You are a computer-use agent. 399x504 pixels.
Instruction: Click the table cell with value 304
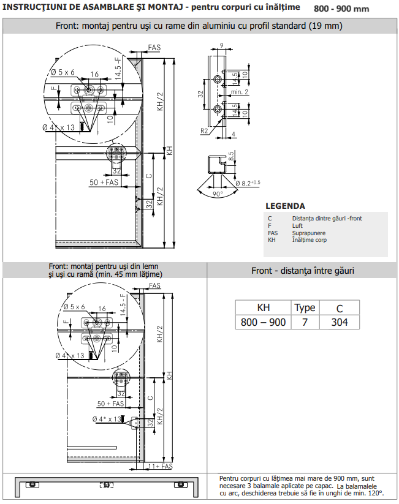pos(340,322)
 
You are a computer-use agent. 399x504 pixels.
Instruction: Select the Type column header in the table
pos(305,308)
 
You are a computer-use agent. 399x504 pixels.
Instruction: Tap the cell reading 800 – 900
pos(263,322)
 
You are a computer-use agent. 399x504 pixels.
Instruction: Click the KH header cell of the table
pos(263,308)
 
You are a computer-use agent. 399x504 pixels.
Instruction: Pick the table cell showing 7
pos(305,322)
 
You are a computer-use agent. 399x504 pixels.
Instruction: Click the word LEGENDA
pos(285,206)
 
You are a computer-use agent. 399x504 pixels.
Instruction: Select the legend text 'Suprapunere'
pos(308,233)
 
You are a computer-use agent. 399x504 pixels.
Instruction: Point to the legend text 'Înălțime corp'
pos(310,240)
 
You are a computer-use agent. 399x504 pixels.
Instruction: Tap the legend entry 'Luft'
pos(297,225)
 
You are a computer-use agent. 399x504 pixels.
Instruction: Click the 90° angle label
pos(218,194)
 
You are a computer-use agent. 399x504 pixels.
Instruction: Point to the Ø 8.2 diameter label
pos(248,183)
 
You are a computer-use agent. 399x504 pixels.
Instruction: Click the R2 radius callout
pos(204,131)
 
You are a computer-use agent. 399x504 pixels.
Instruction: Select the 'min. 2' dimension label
pos(240,92)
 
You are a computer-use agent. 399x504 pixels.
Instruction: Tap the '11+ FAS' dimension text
pos(161,466)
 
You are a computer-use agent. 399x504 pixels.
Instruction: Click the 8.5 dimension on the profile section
pos(231,157)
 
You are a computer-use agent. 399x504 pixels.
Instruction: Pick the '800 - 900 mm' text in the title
pos(341,9)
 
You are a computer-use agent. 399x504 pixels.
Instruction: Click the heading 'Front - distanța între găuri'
pos(303,271)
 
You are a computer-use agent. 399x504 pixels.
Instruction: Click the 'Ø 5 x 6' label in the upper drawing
pos(63,72)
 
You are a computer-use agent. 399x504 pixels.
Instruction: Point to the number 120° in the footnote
pos(377,493)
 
